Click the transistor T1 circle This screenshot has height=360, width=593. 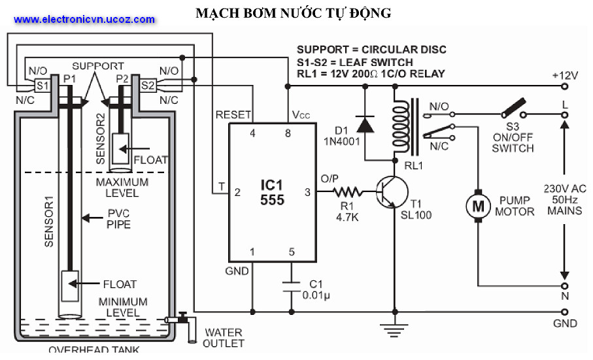pyautogui.click(x=393, y=192)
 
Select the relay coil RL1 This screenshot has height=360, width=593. pyautogui.click(x=397, y=124)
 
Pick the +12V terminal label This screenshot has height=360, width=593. pyautogui.click(x=566, y=75)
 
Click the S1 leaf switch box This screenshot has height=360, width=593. pyautogui.click(x=42, y=86)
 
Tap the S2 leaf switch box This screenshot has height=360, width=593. pyautogui.click(x=148, y=86)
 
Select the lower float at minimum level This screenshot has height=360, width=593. pyautogui.click(x=69, y=285)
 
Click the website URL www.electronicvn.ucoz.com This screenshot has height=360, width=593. pyautogui.click(x=84, y=19)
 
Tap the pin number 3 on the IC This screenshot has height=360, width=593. pyautogui.click(x=308, y=192)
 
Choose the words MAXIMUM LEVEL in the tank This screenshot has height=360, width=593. pyautogui.click(x=122, y=188)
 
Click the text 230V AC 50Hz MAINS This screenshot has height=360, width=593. pyautogui.click(x=565, y=199)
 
